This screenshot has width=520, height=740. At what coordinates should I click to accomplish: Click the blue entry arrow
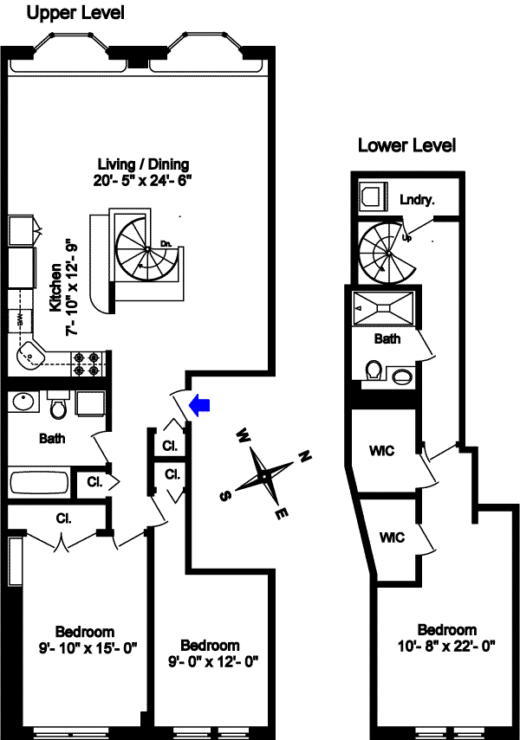click(200, 405)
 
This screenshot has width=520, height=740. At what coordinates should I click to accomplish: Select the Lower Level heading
click(406, 145)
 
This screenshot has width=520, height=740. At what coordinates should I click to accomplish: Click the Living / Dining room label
click(142, 164)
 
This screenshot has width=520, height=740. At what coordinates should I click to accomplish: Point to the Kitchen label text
click(55, 290)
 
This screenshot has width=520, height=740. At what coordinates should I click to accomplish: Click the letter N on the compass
click(304, 455)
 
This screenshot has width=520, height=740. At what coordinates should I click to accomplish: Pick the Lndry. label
click(417, 199)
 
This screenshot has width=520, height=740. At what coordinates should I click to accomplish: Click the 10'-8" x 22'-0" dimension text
click(446, 646)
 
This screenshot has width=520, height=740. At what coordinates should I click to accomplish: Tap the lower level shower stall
click(385, 308)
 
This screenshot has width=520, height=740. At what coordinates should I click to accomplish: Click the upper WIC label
click(380, 452)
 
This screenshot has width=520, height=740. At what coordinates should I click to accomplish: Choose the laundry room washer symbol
click(372, 196)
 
